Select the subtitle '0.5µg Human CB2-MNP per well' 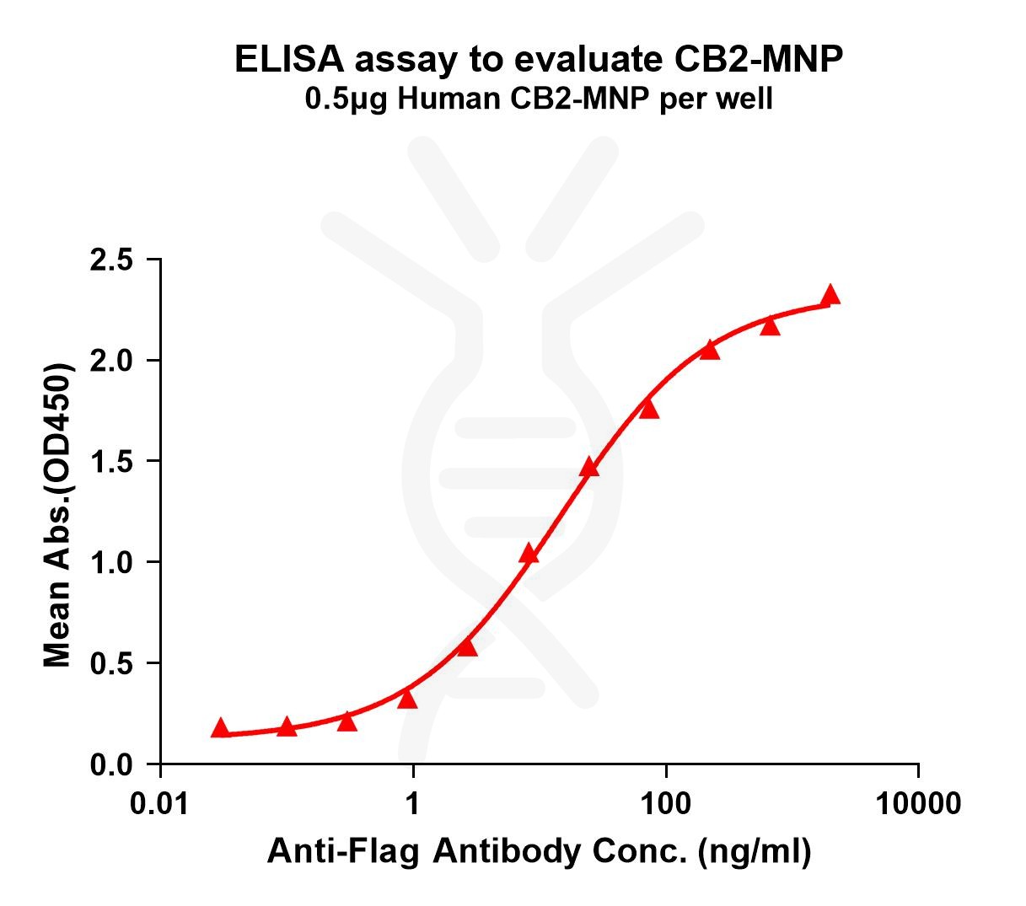[x=538, y=100]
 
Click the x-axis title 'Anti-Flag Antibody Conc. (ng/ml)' [x=540, y=853]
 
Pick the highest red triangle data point [x=830, y=295]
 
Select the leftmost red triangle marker [x=220, y=728]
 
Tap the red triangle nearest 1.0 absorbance [x=529, y=554]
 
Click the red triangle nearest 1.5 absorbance [x=589, y=467]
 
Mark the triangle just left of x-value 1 [x=407, y=699]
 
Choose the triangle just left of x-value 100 [x=648, y=409]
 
